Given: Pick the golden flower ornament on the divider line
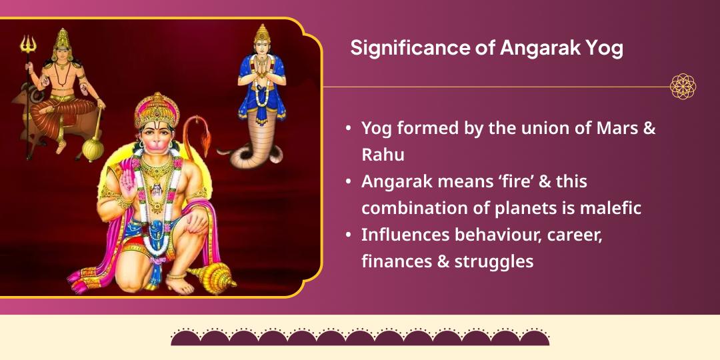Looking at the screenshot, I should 683,87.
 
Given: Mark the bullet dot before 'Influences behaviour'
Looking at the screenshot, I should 349,235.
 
